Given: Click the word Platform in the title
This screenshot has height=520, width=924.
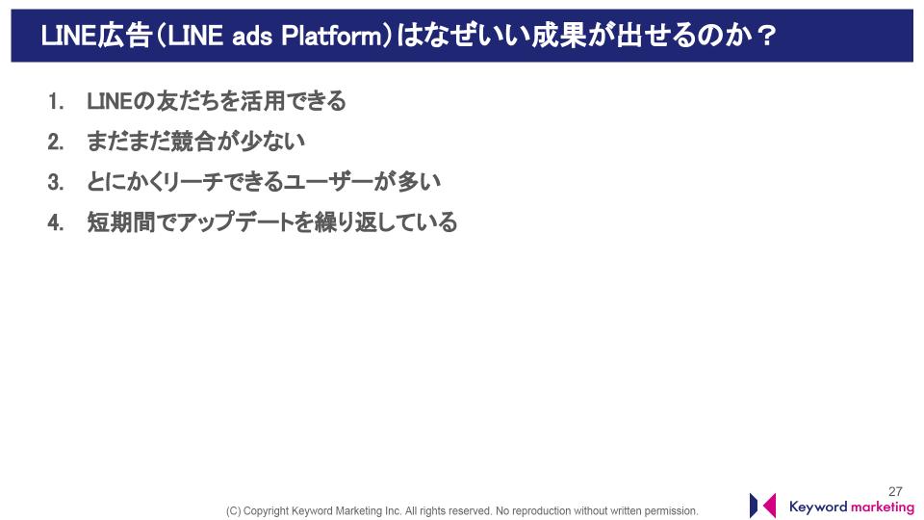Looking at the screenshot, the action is (x=332, y=36).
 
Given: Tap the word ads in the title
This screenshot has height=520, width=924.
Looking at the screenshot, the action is (x=252, y=37).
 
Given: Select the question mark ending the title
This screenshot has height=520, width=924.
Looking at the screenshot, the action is (x=767, y=36).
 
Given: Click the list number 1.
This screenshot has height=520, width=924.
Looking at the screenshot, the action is (x=56, y=102).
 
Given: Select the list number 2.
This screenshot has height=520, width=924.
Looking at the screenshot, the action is (x=56, y=143).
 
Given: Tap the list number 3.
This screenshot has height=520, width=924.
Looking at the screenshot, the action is (x=56, y=182).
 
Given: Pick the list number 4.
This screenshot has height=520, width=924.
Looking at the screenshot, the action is (x=56, y=222).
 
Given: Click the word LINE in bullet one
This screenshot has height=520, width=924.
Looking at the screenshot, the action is (x=109, y=101).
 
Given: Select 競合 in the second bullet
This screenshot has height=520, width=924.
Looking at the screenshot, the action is (x=192, y=142).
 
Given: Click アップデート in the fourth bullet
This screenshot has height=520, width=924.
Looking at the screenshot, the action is (x=235, y=222).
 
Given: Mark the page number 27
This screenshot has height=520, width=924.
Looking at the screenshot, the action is (x=895, y=491).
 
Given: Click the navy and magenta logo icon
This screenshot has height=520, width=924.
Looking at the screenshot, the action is (x=762, y=506).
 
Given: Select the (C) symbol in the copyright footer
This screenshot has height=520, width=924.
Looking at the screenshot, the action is (x=233, y=511).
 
